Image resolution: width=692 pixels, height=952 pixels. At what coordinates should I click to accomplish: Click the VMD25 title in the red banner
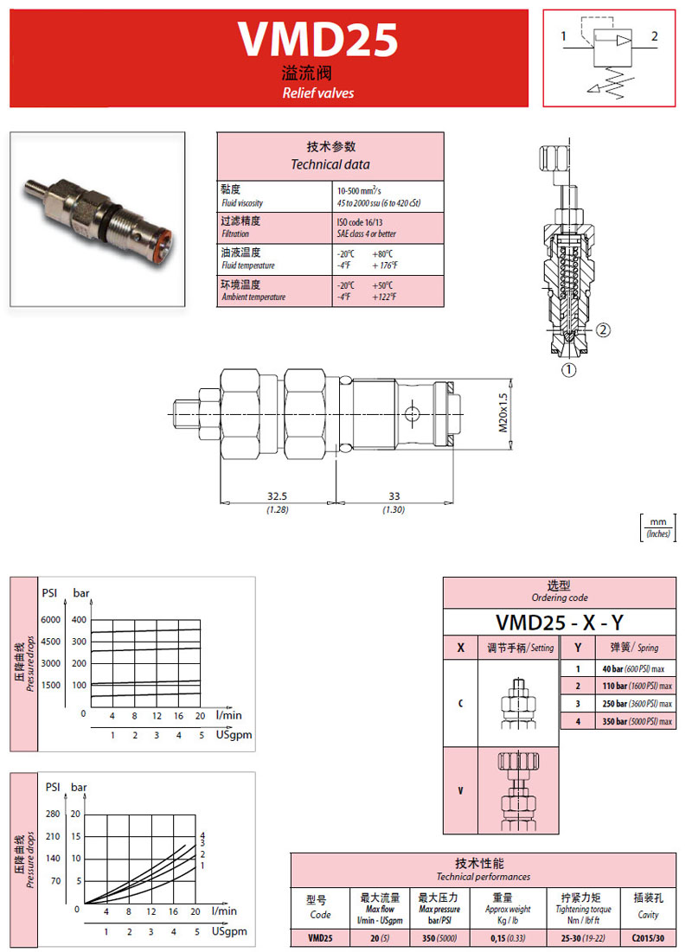(x=317, y=40)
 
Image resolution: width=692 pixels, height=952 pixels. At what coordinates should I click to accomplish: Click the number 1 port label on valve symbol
(x=563, y=36)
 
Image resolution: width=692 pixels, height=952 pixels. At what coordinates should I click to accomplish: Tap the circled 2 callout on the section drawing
(x=604, y=329)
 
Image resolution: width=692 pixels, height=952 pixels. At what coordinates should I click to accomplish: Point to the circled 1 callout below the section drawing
(x=568, y=371)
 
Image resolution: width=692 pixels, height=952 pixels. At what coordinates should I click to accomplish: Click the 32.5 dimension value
(x=277, y=496)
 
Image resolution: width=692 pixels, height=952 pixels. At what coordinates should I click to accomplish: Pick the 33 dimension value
(x=394, y=496)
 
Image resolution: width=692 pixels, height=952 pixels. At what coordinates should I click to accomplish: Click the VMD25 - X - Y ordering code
(x=560, y=622)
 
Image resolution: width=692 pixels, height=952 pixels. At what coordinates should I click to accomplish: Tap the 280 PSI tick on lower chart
(x=53, y=814)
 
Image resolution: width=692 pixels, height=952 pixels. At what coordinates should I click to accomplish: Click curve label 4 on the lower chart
(x=202, y=834)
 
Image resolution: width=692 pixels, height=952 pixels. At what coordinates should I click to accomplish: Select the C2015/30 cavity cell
(x=647, y=936)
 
